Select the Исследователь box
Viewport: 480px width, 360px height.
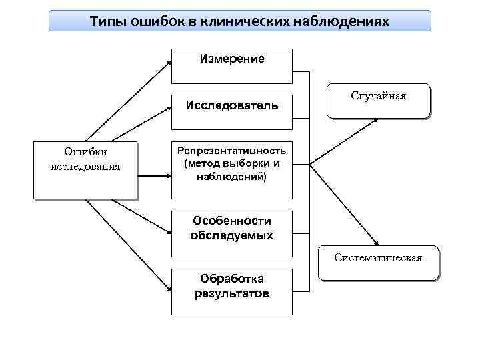(231, 105)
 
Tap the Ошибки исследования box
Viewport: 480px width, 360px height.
(85, 170)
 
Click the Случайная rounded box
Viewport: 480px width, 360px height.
(378, 101)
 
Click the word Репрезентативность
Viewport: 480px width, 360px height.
(231, 151)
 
